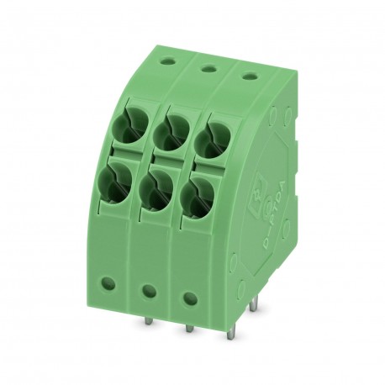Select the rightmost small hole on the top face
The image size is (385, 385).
coord(249,76)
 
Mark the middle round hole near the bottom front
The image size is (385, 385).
coord(149,292)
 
